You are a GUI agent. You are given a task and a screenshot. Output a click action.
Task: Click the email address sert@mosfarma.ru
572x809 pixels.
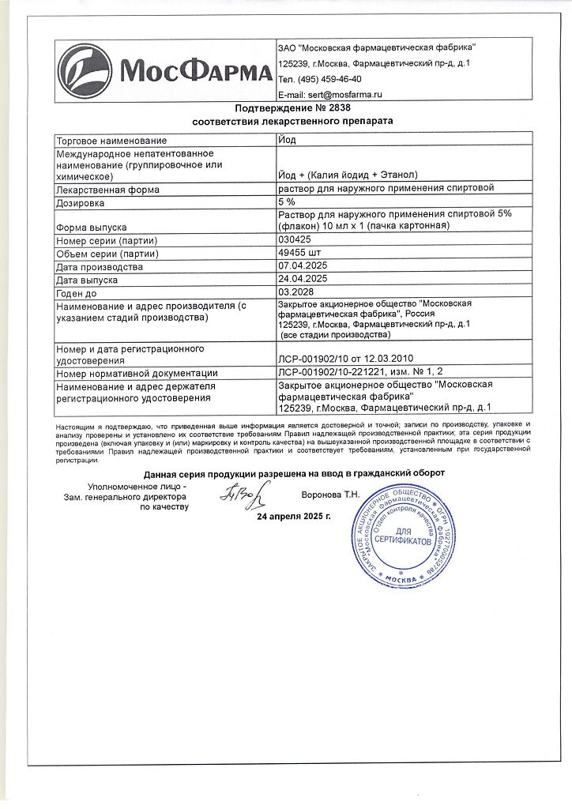[x=331, y=94]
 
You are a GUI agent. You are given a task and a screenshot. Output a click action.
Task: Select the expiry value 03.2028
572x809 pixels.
[x=297, y=292]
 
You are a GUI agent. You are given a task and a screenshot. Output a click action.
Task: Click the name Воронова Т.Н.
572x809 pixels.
[x=330, y=495]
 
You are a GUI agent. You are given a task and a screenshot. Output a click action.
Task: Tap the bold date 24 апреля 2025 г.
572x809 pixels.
[x=294, y=517]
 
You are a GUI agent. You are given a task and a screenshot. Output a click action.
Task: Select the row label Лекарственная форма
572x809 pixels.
[x=107, y=190]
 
